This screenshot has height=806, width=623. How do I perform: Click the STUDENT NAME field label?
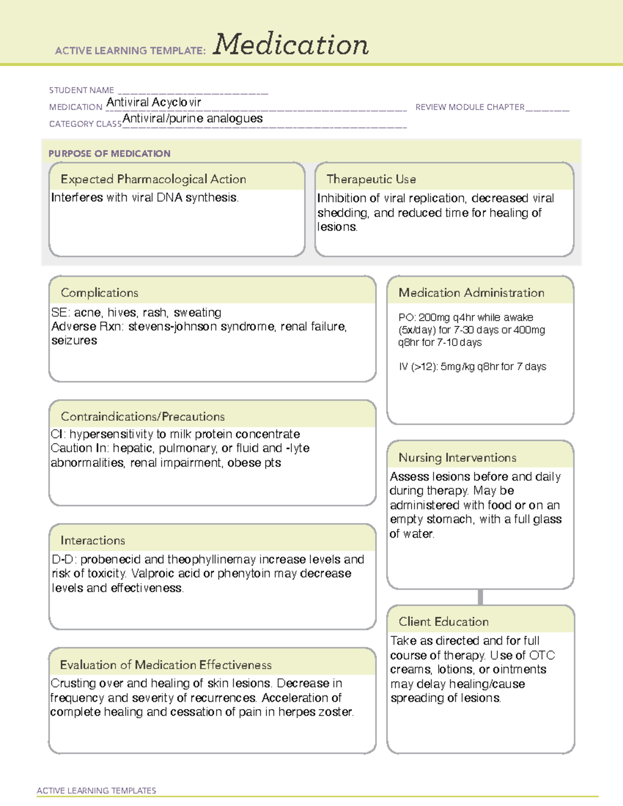(x=82, y=90)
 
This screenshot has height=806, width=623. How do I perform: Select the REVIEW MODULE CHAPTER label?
(x=470, y=107)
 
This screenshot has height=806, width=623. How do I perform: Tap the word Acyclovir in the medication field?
(x=176, y=102)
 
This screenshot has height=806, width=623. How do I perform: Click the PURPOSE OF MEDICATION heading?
(x=110, y=154)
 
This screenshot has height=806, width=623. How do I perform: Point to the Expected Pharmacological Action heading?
(x=153, y=179)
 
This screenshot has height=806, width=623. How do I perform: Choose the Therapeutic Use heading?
(x=371, y=179)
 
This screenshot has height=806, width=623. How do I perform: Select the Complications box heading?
(x=100, y=293)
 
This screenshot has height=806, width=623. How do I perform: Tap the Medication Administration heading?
(x=471, y=293)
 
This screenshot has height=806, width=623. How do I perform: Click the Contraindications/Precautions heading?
(x=143, y=416)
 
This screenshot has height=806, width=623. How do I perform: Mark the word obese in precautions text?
(x=244, y=462)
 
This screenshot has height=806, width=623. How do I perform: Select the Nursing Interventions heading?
(x=457, y=458)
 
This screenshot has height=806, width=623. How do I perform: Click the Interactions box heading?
(x=93, y=540)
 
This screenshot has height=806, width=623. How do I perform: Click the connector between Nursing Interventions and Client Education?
(x=480, y=597)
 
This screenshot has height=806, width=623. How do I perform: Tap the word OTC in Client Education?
(x=542, y=655)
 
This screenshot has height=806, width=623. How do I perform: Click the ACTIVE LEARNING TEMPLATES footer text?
(x=97, y=790)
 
